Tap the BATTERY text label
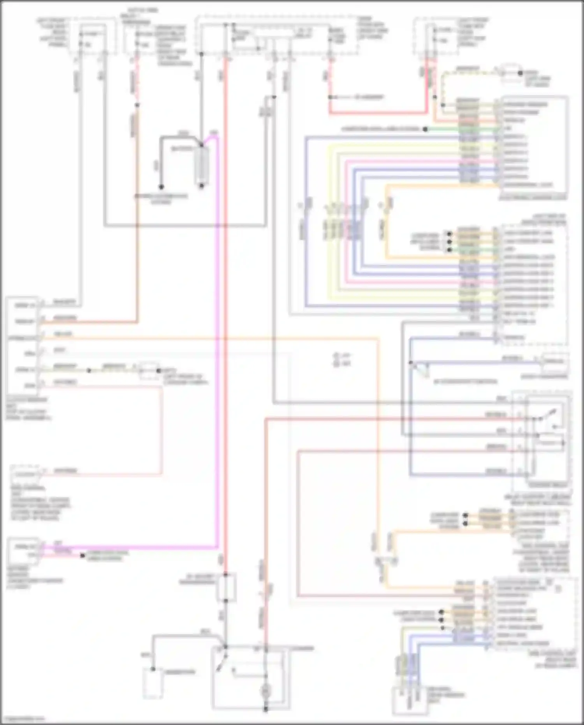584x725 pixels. (181, 149)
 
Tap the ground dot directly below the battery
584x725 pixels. (201, 186)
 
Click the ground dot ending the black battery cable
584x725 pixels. (160, 187)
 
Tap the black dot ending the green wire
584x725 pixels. (426, 129)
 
